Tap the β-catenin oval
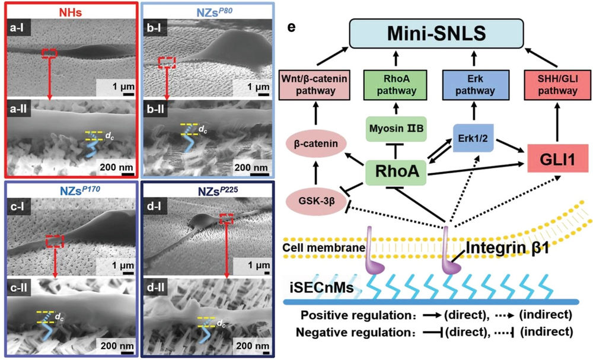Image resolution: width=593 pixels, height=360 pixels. (317, 143)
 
